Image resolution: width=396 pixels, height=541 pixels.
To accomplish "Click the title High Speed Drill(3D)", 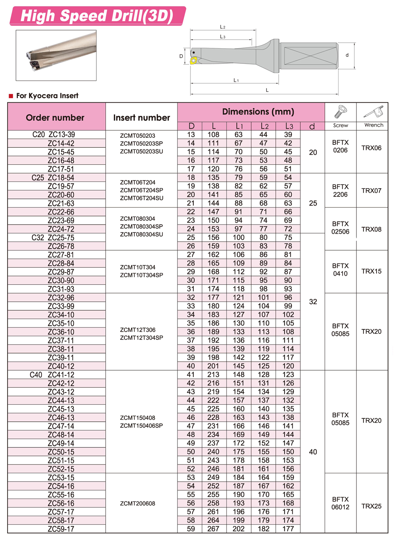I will pyautogui.click(x=97, y=16).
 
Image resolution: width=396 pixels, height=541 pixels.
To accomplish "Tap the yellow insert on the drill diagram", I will pyautogui.click(x=194, y=61).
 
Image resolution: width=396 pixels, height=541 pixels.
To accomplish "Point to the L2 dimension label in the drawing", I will pyautogui.click(x=223, y=27).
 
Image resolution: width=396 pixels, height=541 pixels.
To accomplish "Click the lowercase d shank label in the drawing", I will pyautogui.click(x=347, y=55).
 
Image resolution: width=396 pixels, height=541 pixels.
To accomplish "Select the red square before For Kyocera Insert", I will pyautogui.click(x=11, y=96).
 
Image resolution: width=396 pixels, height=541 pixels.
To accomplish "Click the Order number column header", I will pyautogui.click(x=55, y=118).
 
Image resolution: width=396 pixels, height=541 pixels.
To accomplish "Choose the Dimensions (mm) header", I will pyautogui.click(x=258, y=112).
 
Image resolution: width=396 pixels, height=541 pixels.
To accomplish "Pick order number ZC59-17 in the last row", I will pyautogui.click(x=61, y=529).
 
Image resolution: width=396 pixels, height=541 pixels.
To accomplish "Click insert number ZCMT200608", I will pyautogui.click(x=137, y=503).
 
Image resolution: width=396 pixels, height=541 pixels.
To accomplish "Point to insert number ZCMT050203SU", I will pyautogui.click(x=141, y=151).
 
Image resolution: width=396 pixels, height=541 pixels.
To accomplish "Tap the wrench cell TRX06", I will pyautogui.click(x=371, y=148).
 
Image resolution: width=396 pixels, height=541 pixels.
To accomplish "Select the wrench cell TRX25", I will pyautogui.click(x=371, y=506).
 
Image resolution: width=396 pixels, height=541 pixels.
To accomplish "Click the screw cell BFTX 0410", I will pyautogui.click(x=340, y=270).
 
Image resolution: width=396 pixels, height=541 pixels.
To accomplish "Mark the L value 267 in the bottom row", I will pyautogui.click(x=213, y=529).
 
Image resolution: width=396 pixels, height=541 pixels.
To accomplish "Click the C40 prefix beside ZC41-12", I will pyautogui.click(x=36, y=375).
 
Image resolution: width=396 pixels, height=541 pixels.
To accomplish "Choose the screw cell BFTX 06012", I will pyautogui.click(x=340, y=503).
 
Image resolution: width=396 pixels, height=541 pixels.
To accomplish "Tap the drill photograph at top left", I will pyautogui.click(x=56, y=55).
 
